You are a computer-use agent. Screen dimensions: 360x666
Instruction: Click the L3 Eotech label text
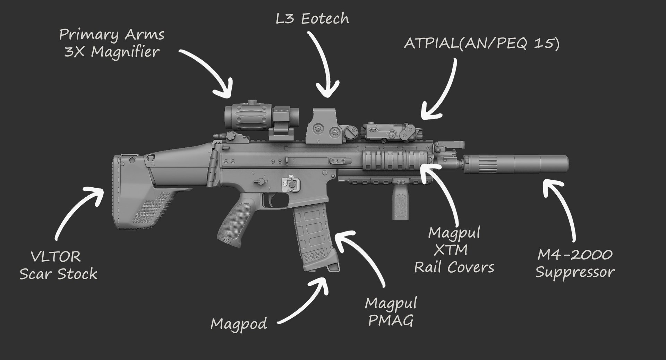[x=312, y=18]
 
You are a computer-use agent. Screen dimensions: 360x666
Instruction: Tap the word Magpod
[x=239, y=324]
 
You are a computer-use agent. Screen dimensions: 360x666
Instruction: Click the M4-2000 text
[x=575, y=255]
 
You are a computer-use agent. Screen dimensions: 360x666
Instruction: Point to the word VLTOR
[x=56, y=257]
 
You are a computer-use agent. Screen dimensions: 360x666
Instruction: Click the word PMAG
[x=391, y=321]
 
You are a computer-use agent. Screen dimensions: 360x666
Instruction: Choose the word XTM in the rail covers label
[x=451, y=250]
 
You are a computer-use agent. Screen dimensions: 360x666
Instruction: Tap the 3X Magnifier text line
[x=112, y=52]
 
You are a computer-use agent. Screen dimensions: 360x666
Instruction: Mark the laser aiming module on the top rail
[x=390, y=132]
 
